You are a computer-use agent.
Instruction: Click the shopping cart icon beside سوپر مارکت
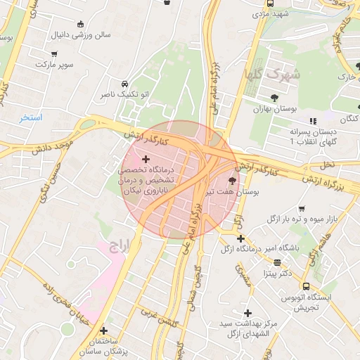pyautogui.click(x=55, y=53)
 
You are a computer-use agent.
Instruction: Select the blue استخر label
pyautogui.click(x=32, y=117)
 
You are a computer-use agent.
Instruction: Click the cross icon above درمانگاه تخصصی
pyautogui.click(x=146, y=160)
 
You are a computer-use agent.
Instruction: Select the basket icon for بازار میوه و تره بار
pyautogui.click(x=302, y=209)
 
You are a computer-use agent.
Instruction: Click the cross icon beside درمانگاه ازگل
pyautogui.click(x=241, y=238)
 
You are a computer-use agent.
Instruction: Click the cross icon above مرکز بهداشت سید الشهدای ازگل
pyautogui.click(x=247, y=313)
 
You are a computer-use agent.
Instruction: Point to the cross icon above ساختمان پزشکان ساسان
pyautogui.click(x=104, y=330)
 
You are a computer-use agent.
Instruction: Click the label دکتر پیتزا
pyautogui.click(x=277, y=272)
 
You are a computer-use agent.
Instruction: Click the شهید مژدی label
pyautogui.click(x=271, y=13)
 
